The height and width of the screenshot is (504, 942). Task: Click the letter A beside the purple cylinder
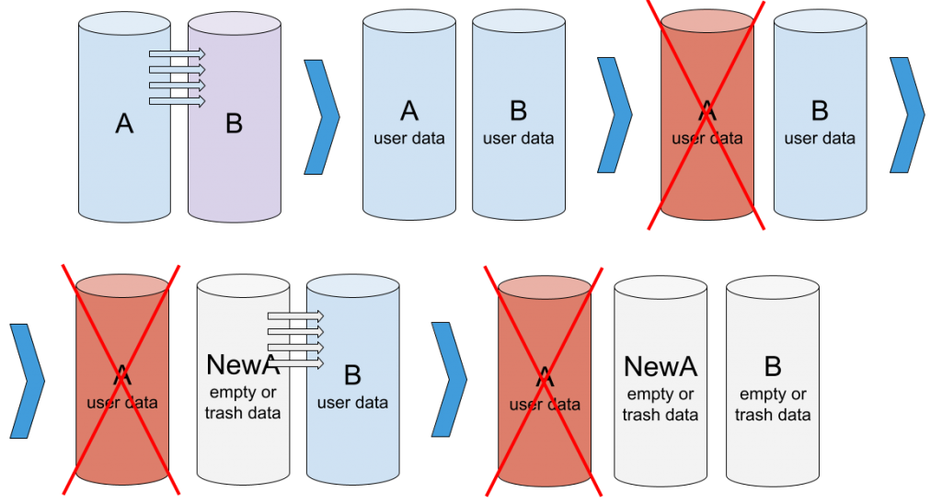coord(124,122)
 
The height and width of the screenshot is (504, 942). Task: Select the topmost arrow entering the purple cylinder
coord(177,55)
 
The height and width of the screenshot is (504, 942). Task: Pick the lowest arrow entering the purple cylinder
coord(177,100)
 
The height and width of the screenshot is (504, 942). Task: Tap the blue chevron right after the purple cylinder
coord(322,116)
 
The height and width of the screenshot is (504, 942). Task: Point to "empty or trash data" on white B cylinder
coord(773,405)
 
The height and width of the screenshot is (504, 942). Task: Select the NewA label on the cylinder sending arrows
coord(243,364)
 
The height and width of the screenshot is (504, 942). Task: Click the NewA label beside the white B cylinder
coord(661,367)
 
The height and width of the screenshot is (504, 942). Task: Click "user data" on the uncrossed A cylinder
coord(409,139)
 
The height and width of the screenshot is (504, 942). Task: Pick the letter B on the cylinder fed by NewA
coord(352,375)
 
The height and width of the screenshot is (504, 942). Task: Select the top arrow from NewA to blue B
coord(295,316)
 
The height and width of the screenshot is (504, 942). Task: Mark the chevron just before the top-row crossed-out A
coord(615,116)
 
